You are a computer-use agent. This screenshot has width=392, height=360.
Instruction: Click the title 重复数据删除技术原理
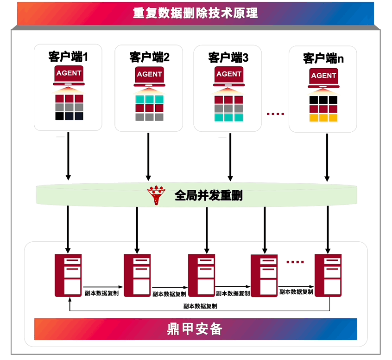(195, 13)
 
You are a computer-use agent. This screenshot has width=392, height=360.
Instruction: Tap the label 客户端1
(68, 57)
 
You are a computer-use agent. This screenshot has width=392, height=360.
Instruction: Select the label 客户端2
(149, 58)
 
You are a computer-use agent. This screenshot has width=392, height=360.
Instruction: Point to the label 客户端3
(228, 58)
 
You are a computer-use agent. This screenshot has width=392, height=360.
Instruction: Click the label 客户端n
(323, 58)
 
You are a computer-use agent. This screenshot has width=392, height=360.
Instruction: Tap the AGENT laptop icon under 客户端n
(323, 77)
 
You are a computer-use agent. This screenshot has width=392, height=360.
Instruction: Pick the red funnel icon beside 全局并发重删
(156, 196)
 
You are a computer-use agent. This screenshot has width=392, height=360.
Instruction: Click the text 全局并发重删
(209, 196)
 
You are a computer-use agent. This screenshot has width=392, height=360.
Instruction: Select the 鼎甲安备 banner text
(195, 329)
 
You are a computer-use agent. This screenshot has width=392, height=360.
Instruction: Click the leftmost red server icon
(68, 275)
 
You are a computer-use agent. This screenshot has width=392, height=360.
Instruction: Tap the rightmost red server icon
(328, 275)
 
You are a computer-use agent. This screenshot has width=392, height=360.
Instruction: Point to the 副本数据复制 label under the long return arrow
(200, 306)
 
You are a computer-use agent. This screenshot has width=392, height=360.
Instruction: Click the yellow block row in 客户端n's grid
(323, 118)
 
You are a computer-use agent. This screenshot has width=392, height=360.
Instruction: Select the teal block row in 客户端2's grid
(149, 99)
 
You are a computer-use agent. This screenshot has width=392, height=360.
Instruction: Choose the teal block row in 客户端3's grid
(228, 117)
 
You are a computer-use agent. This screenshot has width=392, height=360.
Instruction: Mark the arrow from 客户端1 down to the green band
(68, 155)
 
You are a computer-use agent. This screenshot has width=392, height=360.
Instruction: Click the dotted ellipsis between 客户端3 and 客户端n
(276, 114)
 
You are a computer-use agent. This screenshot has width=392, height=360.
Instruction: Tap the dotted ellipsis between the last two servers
(295, 262)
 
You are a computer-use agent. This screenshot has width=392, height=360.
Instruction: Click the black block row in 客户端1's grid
(69, 116)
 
